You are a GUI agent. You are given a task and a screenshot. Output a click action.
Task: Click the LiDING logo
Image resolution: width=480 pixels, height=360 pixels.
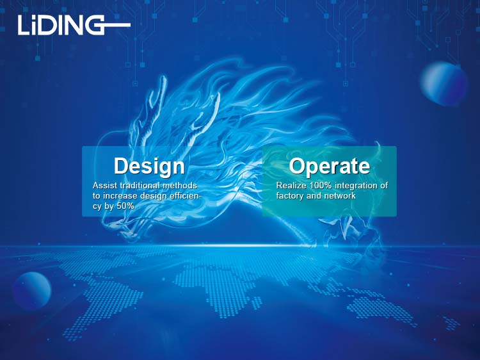point(74,25)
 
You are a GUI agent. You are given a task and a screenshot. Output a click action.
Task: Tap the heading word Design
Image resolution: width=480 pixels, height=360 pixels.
point(149,166)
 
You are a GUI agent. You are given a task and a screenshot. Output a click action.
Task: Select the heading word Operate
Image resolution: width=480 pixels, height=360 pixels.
point(330,167)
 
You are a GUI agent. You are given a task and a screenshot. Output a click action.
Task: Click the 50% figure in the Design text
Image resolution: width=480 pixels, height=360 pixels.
point(125,206)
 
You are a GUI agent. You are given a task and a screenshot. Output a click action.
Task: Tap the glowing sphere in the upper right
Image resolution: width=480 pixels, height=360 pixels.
point(444,83)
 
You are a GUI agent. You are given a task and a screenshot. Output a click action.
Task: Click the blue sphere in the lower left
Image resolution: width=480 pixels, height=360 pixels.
point(32,290)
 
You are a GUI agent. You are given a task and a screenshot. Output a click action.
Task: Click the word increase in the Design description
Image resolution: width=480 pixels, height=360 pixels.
point(120,196)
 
